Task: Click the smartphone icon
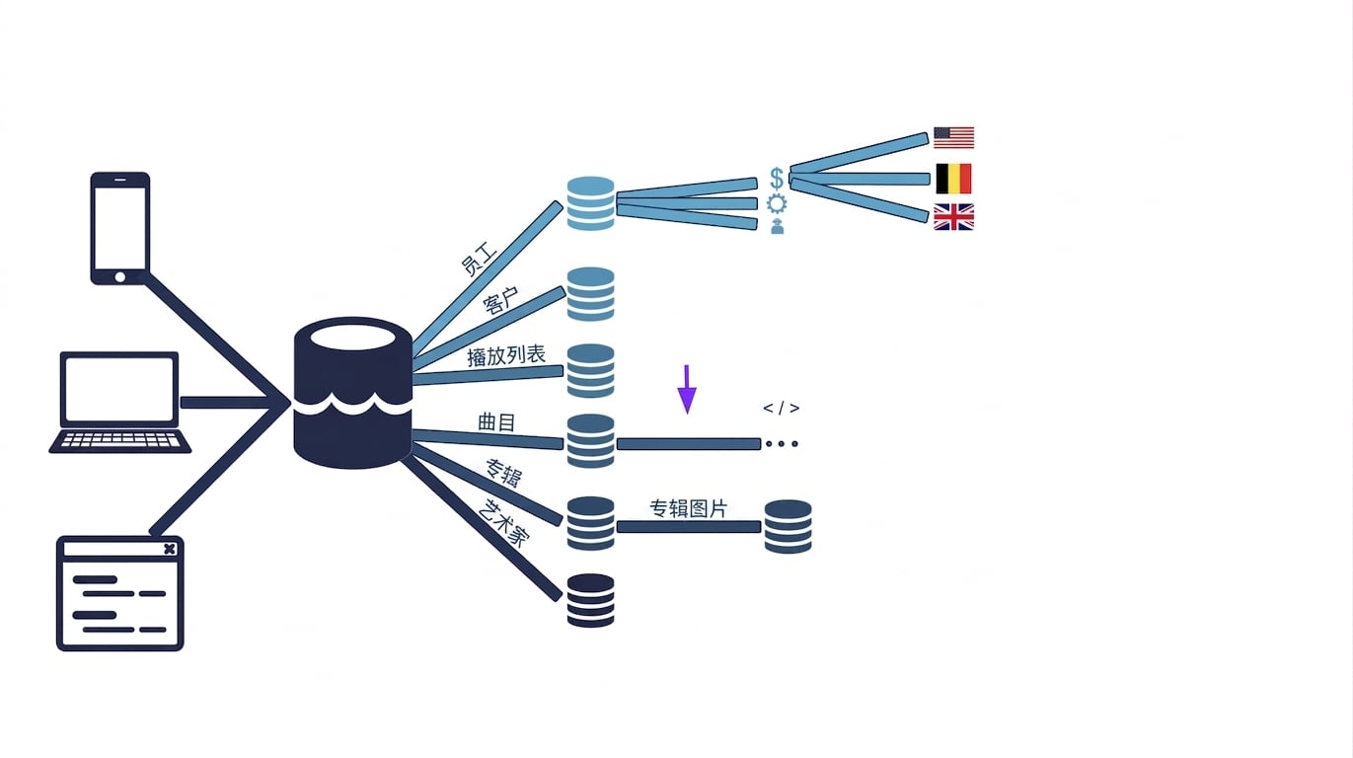pos(120,228)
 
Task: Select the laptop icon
pos(119,403)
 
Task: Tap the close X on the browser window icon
pos(170,549)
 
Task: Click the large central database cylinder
pos(353,393)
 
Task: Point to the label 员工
pos(479,260)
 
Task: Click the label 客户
pos(500,301)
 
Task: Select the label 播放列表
pos(506,355)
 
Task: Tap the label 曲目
pos(496,422)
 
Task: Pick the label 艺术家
pos(504,523)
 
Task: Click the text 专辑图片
pos(688,508)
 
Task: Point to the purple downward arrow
pos(687,390)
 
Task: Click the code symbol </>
pos(782,409)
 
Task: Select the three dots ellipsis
pos(782,444)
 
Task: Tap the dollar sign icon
pos(777,179)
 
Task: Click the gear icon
pos(777,203)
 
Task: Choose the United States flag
pos(953,138)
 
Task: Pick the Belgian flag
pos(953,179)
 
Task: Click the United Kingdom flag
pos(953,217)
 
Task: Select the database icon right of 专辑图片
pos(788,526)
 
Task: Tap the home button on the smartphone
pos(120,277)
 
